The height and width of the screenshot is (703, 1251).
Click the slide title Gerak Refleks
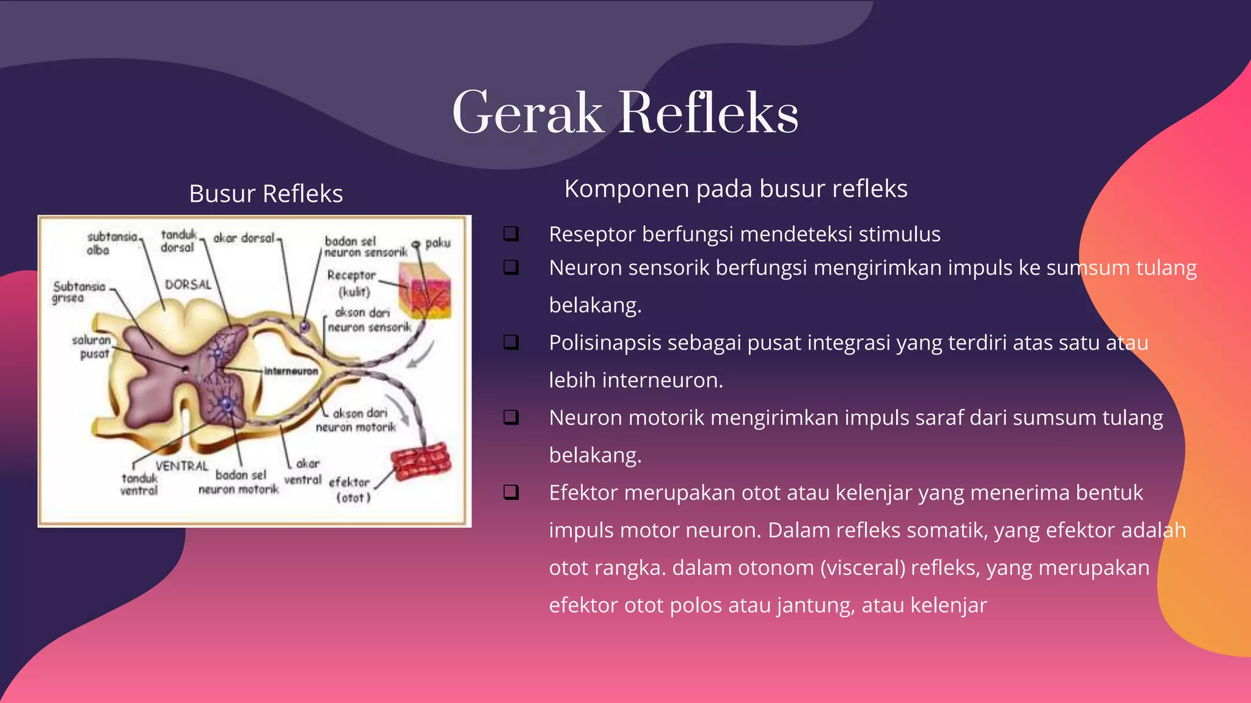point(625,113)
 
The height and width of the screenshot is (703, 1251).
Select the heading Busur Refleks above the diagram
point(266,194)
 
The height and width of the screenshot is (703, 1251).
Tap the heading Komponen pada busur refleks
point(735,189)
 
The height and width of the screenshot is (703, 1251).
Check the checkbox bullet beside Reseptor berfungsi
point(511,234)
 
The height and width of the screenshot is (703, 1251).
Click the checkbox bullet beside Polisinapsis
point(511,342)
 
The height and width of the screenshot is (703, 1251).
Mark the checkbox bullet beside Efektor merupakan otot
point(511,492)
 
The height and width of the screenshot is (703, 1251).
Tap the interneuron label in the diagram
point(291,371)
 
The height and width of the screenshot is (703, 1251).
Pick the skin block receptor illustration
point(425,290)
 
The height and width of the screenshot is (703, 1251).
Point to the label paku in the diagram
point(437,243)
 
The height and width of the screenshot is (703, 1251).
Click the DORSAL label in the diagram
point(188,284)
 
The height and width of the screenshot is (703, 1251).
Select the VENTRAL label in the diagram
point(181,466)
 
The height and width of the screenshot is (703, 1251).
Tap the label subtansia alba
point(110,243)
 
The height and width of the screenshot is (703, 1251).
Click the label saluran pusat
point(92,347)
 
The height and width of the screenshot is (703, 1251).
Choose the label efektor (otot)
point(350,489)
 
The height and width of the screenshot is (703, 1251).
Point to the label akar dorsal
point(244,238)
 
